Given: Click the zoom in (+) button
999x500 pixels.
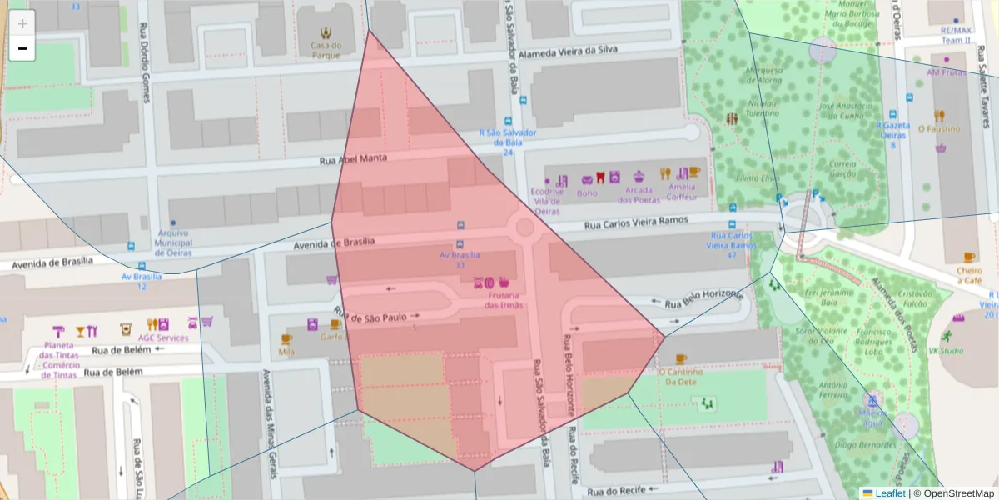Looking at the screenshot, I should tap(22, 23).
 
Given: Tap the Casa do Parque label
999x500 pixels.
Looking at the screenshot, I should tap(326, 50).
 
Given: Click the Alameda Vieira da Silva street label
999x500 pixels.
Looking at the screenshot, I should tap(568, 52).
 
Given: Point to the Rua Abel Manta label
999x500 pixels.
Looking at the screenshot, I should tap(354, 159).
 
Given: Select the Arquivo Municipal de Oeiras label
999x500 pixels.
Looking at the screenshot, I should tap(173, 242).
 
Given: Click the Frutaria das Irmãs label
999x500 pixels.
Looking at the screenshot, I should tap(504, 299).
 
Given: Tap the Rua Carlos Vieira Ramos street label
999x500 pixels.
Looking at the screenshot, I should tap(636, 223).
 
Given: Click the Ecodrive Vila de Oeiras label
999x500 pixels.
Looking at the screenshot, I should tap(547, 201).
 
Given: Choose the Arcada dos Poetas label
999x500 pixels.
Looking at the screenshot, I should tap(639, 194).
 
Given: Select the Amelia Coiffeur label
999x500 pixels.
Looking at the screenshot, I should tap(682, 192).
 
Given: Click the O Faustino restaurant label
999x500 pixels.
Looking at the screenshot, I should tap(939, 129).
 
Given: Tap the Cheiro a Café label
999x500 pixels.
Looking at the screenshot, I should tap(969, 275).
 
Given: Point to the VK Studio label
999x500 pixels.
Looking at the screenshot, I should tap(946, 351).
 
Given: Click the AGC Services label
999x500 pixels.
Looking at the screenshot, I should tap(163, 337).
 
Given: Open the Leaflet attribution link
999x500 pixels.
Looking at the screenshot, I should tap(890, 493).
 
